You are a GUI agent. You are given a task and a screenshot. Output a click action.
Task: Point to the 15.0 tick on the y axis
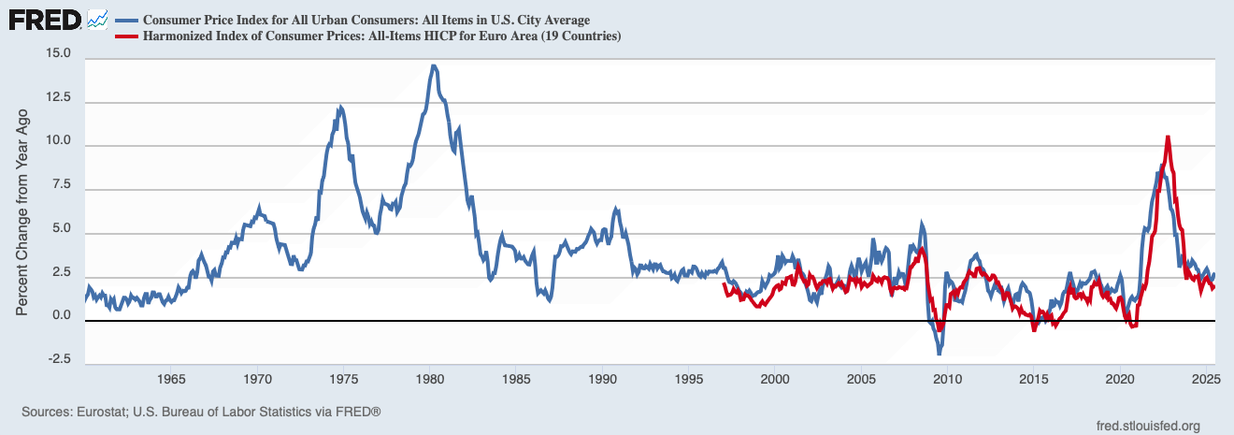click(x=58, y=54)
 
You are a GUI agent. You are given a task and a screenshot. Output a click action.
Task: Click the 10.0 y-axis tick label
click(x=58, y=146)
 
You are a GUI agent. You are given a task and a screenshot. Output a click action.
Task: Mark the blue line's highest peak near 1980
click(x=433, y=66)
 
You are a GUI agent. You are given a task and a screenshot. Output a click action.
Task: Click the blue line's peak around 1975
click(x=340, y=108)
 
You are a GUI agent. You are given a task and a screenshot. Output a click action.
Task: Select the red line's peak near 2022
click(x=1168, y=137)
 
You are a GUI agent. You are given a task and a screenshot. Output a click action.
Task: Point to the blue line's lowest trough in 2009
click(x=940, y=354)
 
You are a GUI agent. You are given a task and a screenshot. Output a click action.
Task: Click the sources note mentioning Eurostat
click(x=201, y=412)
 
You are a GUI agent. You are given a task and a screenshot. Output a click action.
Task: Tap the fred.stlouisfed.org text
click(x=1147, y=425)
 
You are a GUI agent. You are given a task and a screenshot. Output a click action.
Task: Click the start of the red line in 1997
click(x=725, y=284)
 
